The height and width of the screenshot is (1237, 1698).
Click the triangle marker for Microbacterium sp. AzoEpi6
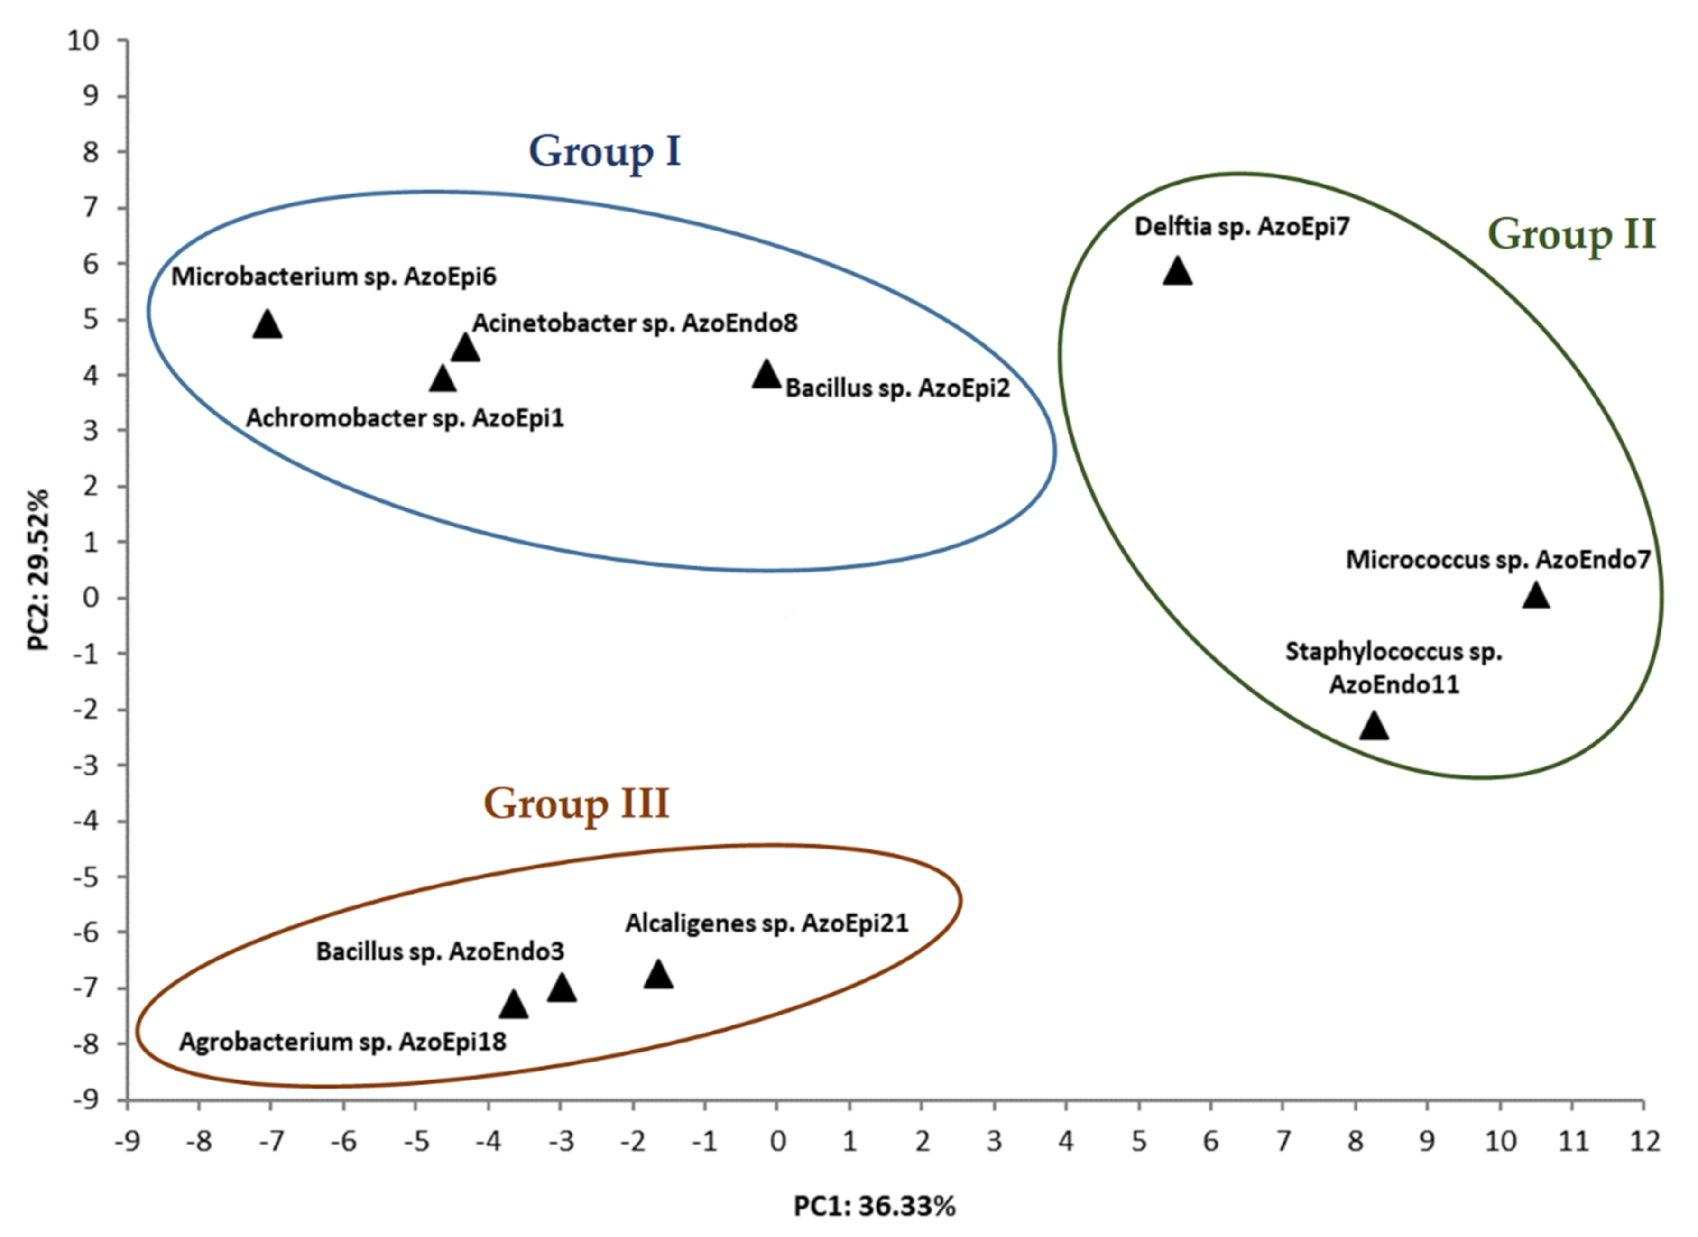pos(268,325)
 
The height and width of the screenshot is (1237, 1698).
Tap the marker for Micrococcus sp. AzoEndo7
pos(1535,596)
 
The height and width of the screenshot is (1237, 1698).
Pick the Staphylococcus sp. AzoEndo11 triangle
pos(1373,726)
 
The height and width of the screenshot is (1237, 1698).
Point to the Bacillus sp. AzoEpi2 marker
pos(766,374)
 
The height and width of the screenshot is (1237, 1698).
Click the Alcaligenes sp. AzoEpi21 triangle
pos(658,975)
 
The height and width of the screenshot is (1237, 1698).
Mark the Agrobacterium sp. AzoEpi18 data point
pos(514,1006)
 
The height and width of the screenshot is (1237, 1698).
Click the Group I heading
pos(604,152)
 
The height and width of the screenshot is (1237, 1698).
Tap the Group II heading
pos(1571,234)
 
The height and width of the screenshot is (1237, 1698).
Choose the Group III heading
pos(576,804)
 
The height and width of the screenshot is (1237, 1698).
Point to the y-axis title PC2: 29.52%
pos(37,570)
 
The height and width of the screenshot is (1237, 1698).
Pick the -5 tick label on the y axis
pos(86,877)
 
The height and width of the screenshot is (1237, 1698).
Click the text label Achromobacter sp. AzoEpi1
pos(404,418)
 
